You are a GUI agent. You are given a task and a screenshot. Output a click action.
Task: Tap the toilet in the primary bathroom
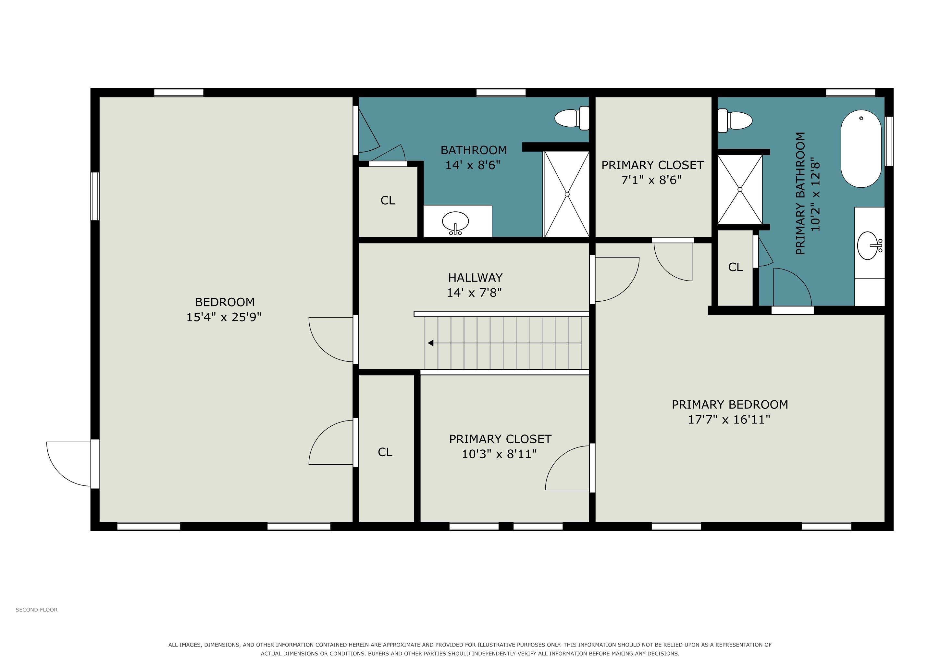click(x=735, y=121)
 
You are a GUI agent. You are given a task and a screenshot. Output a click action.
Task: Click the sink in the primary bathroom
click(x=868, y=246)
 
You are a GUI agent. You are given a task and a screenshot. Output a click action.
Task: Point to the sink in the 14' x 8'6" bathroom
click(x=455, y=223)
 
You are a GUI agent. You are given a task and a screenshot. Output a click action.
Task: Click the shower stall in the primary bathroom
click(x=740, y=190)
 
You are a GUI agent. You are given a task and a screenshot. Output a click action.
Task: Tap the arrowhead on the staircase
click(x=430, y=343)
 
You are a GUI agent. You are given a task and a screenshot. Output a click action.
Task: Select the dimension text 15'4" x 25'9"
click(x=224, y=317)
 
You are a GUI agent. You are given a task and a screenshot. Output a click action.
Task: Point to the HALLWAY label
click(x=475, y=278)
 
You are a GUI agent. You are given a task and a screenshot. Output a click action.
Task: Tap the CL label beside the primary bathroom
click(x=735, y=267)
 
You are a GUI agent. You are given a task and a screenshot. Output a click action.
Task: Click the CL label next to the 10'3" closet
click(x=385, y=452)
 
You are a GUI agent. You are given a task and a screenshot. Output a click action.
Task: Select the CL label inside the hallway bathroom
click(x=388, y=200)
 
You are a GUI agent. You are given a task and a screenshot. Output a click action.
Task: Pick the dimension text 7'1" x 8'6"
click(x=651, y=180)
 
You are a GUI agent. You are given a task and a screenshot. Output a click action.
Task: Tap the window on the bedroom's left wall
click(x=95, y=196)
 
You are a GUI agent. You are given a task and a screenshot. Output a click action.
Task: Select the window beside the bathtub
click(x=889, y=141)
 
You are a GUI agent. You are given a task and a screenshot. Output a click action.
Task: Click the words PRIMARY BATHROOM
click(x=800, y=193)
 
